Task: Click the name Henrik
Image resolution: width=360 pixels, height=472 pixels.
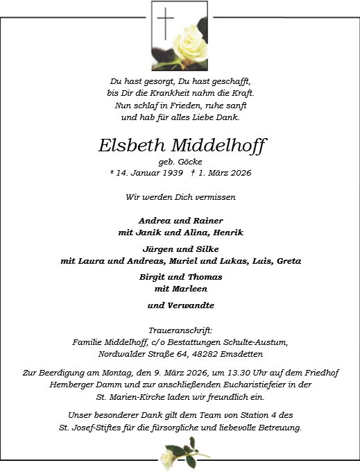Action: pyautogui.click(x=228, y=232)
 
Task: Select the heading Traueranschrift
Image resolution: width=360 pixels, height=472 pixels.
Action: pyautogui.click(x=180, y=330)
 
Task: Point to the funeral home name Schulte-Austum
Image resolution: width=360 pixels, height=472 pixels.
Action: pyautogui.click(x=256, y=341)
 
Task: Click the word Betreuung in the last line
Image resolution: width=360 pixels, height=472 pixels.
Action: pyautogui.click(x=276, y=428)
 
